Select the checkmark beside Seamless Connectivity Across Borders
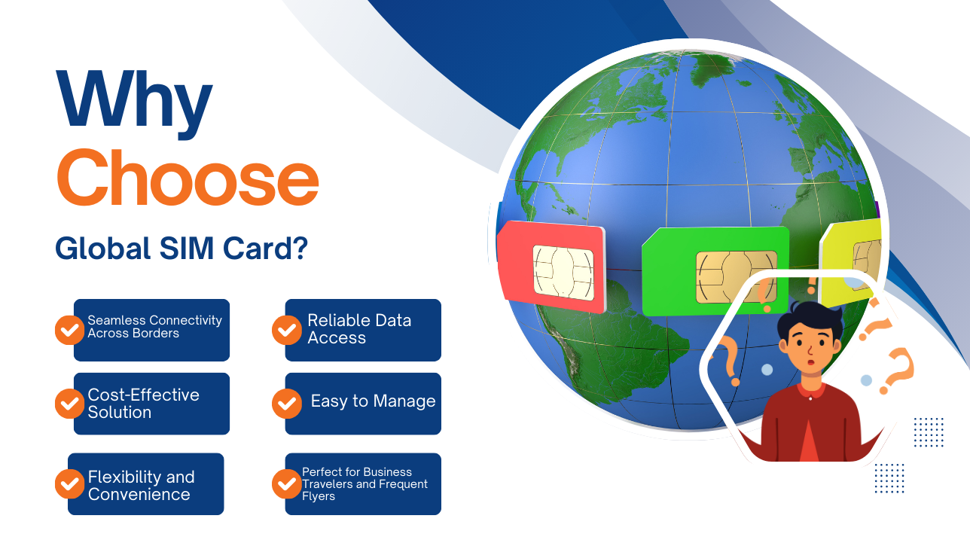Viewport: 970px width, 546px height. pos(69,330)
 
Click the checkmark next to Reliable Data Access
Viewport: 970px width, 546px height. pos(286,330)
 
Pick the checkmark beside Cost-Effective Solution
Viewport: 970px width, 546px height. pos(69,404)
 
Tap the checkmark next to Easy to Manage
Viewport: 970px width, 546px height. pos(286,404)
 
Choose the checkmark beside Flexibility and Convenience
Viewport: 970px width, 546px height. pos(69,483)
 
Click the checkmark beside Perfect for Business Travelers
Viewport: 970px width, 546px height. pos(286,483)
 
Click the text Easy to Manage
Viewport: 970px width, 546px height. pos(373,401)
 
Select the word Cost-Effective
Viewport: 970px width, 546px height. pos(143,395)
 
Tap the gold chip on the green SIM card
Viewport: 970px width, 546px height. pos(736,277)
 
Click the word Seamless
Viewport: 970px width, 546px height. pos(114,320)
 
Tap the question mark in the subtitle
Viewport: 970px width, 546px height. pos(299,249)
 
